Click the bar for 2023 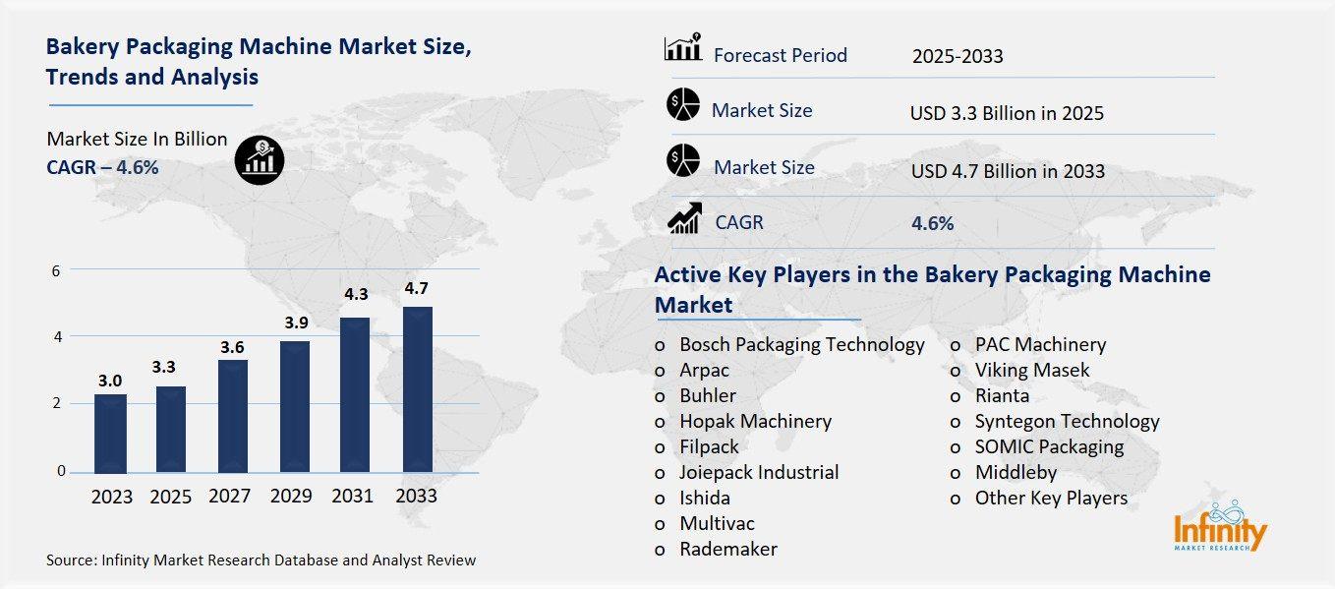pos(111,433)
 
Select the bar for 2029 pos(295,406)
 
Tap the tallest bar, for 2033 pos(417,389)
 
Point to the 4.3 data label pos(356,293)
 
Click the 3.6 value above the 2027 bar pos(233,347)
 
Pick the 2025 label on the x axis pos(171,497)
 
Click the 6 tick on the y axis pos(57,270)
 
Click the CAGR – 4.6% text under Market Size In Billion pos(102,167)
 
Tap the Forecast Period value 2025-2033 pos(957,56)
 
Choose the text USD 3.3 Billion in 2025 pos(1007,113)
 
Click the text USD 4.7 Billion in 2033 pos(1008,171)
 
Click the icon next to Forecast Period pos(682,47)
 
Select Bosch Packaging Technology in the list pos(801,344)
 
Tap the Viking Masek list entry pos(1031,370)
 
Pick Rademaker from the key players pos(727,549)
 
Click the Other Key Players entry pos(1050,498)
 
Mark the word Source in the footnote pos(69,560)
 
